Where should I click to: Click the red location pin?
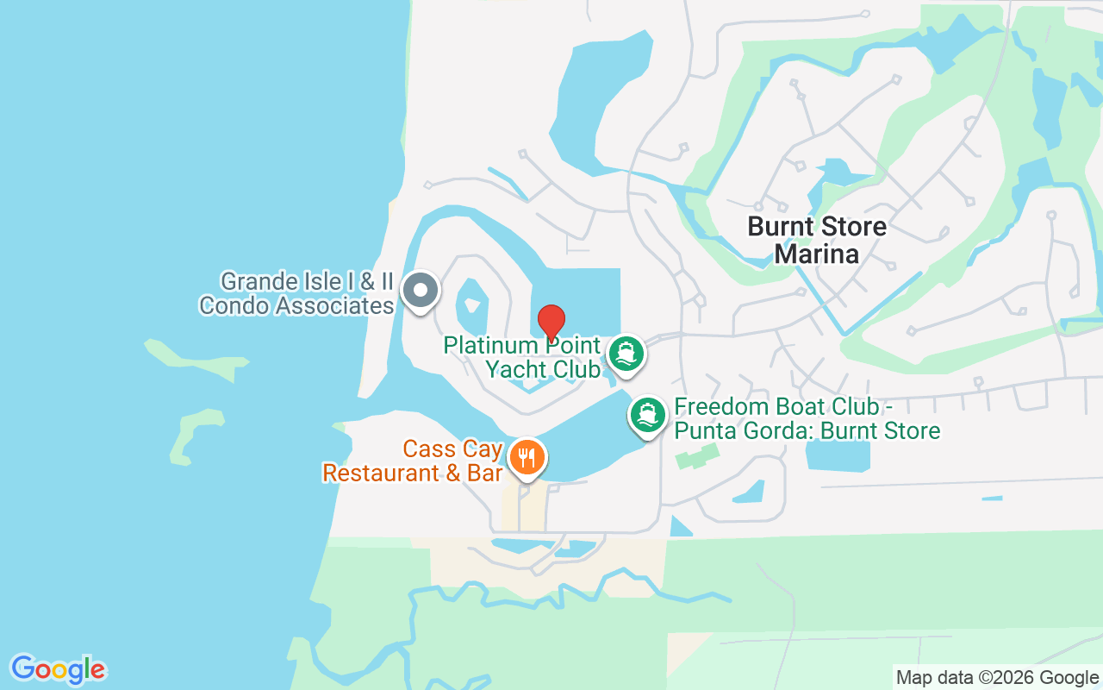pos(551,322)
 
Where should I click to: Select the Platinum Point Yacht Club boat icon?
pos(626,354)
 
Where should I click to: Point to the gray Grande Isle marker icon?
pos(421,290)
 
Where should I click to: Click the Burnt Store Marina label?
pos(816,240)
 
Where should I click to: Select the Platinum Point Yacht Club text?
pos(521,357)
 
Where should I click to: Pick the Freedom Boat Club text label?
pos(807,418)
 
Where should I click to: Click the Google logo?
pos(58,669)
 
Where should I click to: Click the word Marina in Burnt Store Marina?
pos(816,254)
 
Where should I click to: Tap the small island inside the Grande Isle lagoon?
pos(471,298)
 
